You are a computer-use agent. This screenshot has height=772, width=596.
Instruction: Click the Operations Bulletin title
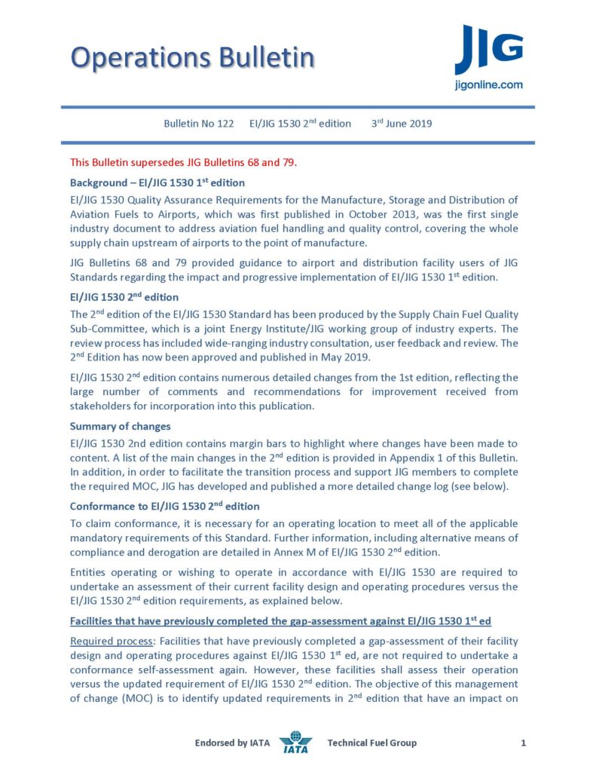click(x=192, y=58)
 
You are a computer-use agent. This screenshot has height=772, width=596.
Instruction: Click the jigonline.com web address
click(x=488, y=85)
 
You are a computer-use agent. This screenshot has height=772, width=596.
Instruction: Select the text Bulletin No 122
click(x=199, y=124)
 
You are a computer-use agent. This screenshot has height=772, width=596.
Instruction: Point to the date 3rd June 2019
click(x=402, y=124)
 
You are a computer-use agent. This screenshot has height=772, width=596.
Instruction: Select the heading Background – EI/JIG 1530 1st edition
click(x=157, y=182)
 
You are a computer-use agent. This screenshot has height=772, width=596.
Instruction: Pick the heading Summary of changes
click(x=121, y=426)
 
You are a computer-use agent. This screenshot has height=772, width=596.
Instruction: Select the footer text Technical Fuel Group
click(x=371, y=743)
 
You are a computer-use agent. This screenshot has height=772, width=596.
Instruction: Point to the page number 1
click(x=523, y=743)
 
